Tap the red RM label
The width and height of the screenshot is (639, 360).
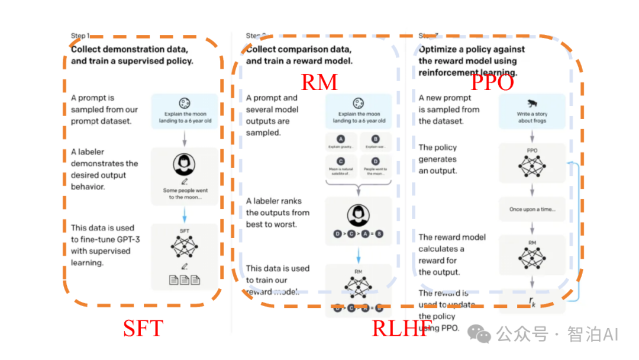[x=319, y=82]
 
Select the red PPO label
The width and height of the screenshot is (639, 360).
[x=492, y=82]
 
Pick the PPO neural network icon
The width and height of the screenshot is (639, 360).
[x=532, y=166]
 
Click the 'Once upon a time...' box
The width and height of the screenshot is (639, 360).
[x=532, y=210]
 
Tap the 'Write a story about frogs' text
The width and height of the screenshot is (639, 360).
[x=532, y=117]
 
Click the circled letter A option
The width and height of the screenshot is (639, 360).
[x=341, y=139]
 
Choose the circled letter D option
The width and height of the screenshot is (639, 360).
[x=375, y=160]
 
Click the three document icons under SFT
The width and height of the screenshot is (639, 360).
[x=184, y=279]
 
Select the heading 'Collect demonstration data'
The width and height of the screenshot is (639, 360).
[x=130, y=49]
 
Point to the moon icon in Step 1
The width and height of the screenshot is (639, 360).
[x=184, y=102]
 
